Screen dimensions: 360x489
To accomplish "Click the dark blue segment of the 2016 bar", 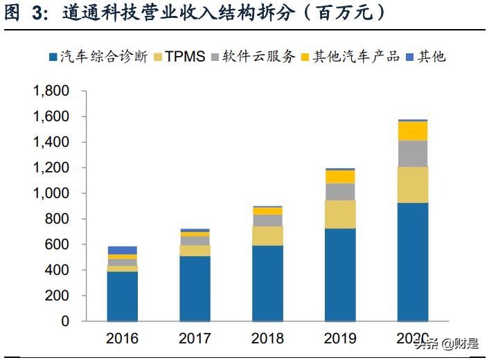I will pos(122,296).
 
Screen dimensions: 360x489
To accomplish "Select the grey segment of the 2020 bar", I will pos(412,154).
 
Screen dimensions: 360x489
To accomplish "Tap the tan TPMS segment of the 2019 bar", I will pos(340,214).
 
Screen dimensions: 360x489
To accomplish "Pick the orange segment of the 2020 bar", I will pos(412,131).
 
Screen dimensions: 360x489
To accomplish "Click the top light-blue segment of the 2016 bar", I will pos(122,250).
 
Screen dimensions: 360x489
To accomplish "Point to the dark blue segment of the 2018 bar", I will pos(267,282).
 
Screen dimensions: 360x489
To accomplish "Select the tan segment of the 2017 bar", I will pos(195,251).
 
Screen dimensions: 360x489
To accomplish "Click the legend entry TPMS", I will pos(181,56).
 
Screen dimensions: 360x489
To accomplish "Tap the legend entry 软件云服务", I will pos(253,56).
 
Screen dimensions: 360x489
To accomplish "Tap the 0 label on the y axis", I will pos(65,321).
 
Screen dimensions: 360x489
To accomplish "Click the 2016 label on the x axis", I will pos(122,339).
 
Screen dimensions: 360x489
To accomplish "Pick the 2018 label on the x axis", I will pos(267,339).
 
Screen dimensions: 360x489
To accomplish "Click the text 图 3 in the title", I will pos(23,14).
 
